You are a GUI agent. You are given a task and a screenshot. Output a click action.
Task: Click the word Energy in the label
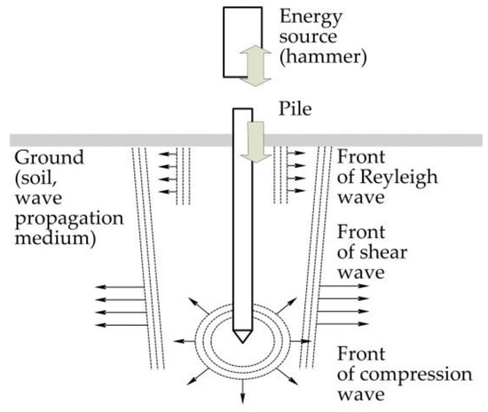pos(303,17)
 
